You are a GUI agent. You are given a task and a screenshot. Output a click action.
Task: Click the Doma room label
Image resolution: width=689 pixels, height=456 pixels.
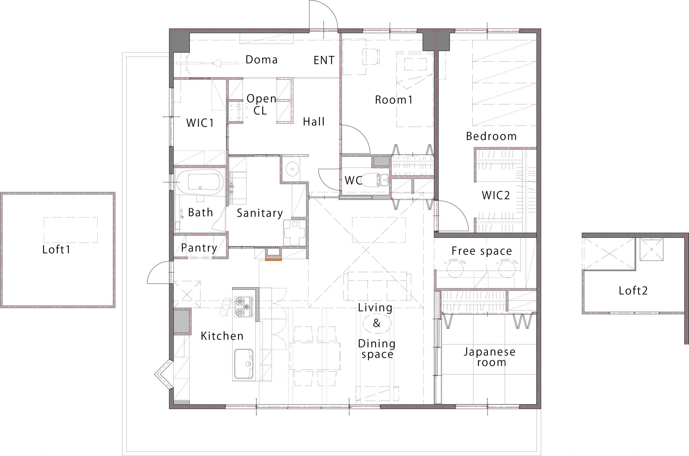261,60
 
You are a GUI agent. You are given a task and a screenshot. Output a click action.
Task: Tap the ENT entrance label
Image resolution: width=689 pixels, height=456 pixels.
324,60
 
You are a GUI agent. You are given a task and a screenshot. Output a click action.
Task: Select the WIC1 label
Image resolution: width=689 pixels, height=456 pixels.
200,123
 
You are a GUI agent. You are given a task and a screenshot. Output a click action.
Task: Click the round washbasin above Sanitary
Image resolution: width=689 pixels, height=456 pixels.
292,169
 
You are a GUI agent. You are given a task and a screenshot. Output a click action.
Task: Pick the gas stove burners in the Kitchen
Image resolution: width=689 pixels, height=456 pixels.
244,307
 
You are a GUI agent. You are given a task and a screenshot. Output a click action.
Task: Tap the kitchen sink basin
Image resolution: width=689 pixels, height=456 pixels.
244,363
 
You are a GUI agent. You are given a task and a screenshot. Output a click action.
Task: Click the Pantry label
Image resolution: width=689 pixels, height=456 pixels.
199,248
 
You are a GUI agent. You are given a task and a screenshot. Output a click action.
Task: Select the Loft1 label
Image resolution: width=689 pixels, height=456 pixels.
56,249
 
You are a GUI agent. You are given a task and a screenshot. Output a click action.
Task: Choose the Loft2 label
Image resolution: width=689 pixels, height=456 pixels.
633,291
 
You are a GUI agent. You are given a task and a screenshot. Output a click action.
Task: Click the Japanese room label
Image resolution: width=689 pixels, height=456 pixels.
490,357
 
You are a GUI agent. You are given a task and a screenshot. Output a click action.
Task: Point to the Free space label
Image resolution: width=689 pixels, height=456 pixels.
482,251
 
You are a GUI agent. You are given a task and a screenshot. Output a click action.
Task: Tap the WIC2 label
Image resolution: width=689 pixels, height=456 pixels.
496,195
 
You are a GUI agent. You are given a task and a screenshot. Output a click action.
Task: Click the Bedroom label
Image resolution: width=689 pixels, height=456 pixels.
491,136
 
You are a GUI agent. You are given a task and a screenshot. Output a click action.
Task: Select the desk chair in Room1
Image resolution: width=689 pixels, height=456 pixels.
371,56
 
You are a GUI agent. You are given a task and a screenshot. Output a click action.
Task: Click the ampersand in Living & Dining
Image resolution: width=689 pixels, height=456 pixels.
377,323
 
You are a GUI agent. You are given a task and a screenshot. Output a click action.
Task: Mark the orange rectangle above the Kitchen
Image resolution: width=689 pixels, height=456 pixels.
274,260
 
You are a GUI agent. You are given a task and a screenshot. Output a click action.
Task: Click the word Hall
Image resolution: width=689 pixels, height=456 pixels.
314,122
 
